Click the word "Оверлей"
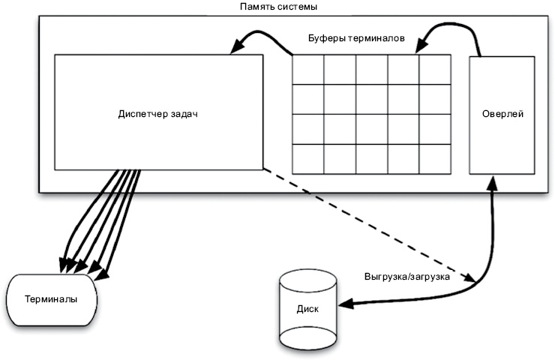pos(501,114)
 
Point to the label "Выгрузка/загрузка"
pos(406,276)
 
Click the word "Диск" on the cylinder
pos(307,307)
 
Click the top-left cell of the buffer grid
pos(307,69)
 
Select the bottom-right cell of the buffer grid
pos(435,159)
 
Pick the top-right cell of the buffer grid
pos(435,69)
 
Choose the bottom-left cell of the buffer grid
pos(307,159)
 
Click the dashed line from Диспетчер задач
pos(367,223)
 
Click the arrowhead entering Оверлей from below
pos(492,181)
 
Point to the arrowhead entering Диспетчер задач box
pos(235,49)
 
